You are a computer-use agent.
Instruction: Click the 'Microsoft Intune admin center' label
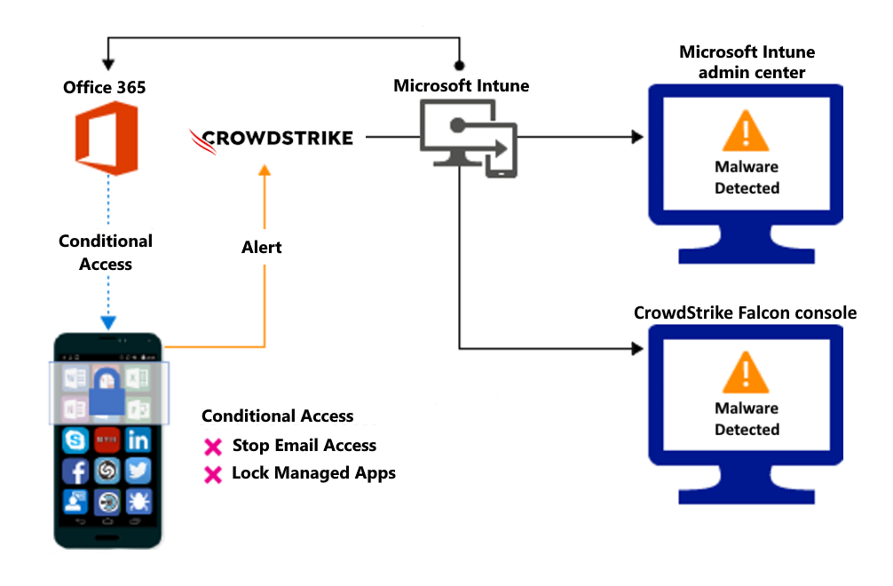tap(747, 62)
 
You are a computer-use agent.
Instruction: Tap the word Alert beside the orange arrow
tap(262, 247)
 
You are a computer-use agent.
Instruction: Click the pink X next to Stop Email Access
tap(213, 447)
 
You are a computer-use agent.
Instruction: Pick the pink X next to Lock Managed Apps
tap(213, 475)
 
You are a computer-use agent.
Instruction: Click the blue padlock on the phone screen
tap(107, 392)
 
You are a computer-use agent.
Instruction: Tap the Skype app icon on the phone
tap(75, 439)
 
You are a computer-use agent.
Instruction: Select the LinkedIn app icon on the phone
tap(138, 439)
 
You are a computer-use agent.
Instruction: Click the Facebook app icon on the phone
tap(75, 471)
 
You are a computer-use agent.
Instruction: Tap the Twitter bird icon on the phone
tap(138, 471)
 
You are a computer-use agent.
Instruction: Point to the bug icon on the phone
tap(138, 503)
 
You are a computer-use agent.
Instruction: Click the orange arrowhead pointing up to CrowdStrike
tap(263, 170)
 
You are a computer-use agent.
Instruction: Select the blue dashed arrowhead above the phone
tap(107, 323)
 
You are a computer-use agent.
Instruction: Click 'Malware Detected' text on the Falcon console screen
tap(747, 419)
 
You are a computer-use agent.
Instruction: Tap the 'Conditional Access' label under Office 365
tap(106, 252)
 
